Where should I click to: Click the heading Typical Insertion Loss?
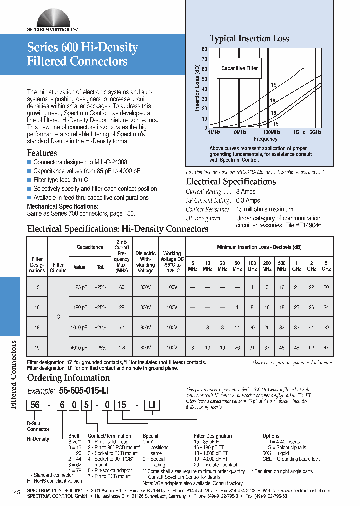pyautogui.click(x=249, y=38)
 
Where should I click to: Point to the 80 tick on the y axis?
pyautogui.click(x=204, y=49)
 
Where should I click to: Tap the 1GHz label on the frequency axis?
pyautogui.click(x=299, y=132)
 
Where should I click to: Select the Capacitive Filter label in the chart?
pyautogui.click(x=239, y=68)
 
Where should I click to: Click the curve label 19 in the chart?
pyautogui.click(x=273, y=85)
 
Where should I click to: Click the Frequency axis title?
pyautogui.click(x=265, y=139)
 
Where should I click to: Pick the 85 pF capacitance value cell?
pyautogui.click(x=81, y=288)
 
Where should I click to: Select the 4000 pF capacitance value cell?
pyautogui.click(x=79, y=347)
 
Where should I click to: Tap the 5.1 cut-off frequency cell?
pyautogui.click(x=122, y=327)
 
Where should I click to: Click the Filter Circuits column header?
pyautogui.click(x=58, y=267)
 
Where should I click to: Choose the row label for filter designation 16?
pyautogui.click(x=37, y=308)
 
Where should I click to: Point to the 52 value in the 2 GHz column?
pyautogui.click(x=311, y=347)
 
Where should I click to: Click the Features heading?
pyautogui.click(x=42, y=153)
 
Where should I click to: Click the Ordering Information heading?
pyautogui.click(x=68, y=378)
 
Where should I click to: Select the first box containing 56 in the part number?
pyautogui.click(x=35, y=405)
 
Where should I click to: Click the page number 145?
pyautogui.click(x=15, y=493)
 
